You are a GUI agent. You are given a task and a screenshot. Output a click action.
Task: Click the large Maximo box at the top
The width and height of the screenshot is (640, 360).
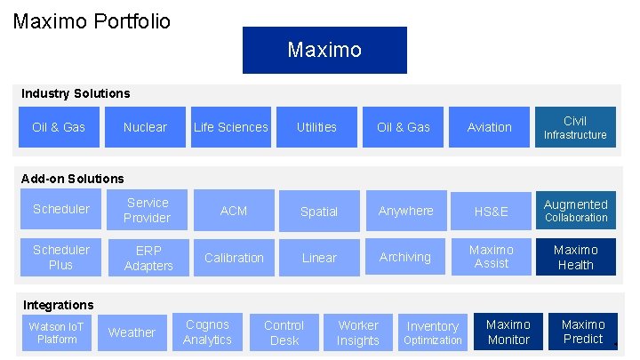(324, 50)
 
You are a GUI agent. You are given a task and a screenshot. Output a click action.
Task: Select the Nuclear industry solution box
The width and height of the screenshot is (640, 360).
(145, 127)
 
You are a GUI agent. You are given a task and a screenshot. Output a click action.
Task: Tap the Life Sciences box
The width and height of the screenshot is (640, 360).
(231, 127)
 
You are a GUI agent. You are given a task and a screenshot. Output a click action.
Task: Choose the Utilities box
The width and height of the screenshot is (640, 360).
(316, 127)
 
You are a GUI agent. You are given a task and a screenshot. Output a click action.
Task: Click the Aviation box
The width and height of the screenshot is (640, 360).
(490, 127)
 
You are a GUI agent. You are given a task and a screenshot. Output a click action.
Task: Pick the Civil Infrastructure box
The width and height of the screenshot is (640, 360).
(575, 127)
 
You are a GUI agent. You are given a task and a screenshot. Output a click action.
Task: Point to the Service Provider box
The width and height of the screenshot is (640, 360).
(147, 211)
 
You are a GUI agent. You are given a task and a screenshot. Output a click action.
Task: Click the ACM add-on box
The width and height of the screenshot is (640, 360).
(234, 211)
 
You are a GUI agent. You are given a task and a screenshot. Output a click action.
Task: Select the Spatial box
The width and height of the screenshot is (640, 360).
(319, 212)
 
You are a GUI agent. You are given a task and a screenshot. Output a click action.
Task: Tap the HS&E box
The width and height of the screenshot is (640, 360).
(492, 212)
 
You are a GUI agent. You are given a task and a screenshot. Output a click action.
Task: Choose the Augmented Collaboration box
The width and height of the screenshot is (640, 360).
(576, 211)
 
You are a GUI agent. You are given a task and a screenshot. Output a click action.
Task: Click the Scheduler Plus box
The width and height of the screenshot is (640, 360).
(61, 258)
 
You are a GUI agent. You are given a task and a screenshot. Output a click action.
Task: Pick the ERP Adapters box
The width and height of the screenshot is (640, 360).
(147, 258)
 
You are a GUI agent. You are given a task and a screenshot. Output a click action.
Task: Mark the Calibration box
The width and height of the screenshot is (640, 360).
(234, 258)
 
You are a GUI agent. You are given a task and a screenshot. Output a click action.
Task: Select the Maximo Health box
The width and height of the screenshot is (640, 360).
(576, 257)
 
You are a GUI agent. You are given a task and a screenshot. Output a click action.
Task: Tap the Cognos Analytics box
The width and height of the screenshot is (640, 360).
(207, 332)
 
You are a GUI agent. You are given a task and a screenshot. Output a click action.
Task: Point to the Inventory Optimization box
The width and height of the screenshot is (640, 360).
(433, 332)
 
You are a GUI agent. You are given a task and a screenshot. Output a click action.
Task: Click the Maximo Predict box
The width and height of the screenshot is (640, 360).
(583, 332)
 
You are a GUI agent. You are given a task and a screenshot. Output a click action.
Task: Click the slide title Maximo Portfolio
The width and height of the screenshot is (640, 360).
(92, 20)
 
